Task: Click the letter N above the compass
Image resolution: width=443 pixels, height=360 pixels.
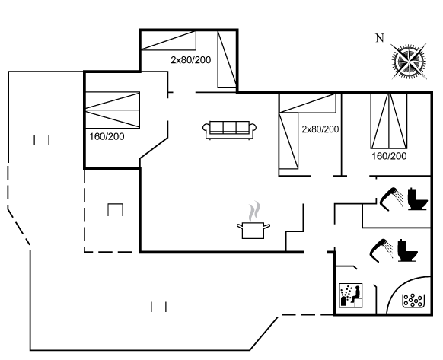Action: pos(380,37)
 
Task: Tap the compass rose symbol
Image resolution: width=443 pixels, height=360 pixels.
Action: pos(409,61)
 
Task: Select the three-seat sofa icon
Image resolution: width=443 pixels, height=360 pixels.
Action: pos(229,130)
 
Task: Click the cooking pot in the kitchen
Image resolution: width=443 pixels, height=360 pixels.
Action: pos(253,230)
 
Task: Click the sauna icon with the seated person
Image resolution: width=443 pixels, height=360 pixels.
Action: pos(350,295)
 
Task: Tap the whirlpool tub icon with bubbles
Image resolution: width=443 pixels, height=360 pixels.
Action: pos(413,301)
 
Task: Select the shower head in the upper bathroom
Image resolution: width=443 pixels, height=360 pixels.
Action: pos(391,199)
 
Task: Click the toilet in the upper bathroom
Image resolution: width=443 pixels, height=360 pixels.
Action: pos(418,199)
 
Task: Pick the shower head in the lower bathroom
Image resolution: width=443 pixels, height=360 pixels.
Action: pos(381,250)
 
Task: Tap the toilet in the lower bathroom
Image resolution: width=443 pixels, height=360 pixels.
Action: pos(407,250)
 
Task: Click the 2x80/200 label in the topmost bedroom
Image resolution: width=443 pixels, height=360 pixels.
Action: pos(191,60)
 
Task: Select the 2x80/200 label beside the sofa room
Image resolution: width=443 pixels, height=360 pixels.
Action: pos(320,129)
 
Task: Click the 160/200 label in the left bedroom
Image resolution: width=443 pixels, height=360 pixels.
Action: pos(107,136)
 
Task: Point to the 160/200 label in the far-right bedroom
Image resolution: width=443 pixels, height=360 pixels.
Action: pos(389,156)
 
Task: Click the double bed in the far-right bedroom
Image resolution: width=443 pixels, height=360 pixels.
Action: pos(389,121)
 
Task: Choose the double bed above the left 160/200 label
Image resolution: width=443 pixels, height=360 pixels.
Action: pos(113,110)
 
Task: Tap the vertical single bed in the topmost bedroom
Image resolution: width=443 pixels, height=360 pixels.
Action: pos(227,59)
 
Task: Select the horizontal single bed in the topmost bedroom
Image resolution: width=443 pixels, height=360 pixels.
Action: pos(168,40)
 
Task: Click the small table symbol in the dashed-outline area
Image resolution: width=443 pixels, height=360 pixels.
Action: pos(115,209)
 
